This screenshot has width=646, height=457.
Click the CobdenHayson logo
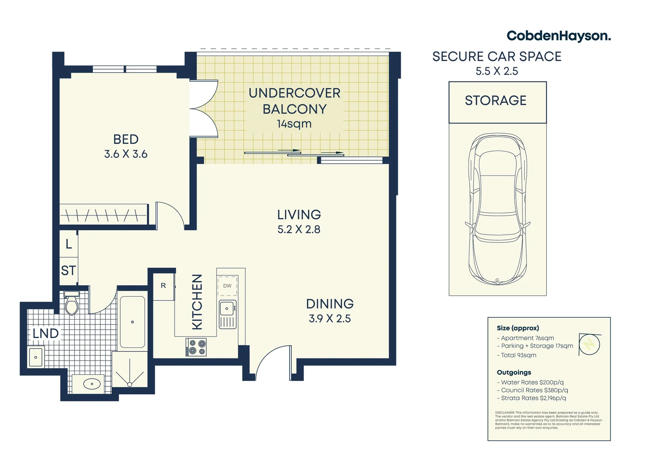pos(558,36)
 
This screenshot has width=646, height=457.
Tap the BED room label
pos(126,139)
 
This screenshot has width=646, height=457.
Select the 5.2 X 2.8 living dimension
pos(298,229)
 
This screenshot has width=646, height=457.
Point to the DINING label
pos(330,304)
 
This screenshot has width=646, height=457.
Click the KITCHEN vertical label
pos(197,302)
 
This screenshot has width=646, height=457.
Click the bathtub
pos(132,322)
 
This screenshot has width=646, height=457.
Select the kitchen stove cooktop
pos(196,347)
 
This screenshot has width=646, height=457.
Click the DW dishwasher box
pos(227,286)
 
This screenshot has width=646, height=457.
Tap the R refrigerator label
pos(163,286)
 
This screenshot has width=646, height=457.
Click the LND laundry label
pos(46,333)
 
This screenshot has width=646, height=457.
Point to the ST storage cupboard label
pos(68,270)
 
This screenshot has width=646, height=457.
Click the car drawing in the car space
pos(497,209)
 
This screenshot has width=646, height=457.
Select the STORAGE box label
pos(495,101)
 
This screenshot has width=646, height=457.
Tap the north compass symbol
pos(590,344)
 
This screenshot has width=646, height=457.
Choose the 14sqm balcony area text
pos(294,124)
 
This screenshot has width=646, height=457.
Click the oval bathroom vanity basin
pos(92,384)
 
